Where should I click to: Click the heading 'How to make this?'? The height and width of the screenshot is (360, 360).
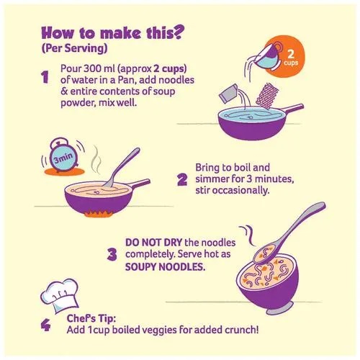[x=111, y=32]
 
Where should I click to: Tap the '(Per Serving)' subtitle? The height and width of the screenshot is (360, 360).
[x=74, y=49]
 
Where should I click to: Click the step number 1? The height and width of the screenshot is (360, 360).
[x=45, y=77]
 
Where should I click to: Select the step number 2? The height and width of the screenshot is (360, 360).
[x=182, y=180]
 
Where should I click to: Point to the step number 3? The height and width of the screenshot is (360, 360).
[x=112, y=254]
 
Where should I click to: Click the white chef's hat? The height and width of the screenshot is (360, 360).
[x=59, y=295]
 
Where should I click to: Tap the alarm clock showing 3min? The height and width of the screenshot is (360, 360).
[x=63, y=155]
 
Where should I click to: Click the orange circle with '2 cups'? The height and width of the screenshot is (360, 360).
[x=289, y=58]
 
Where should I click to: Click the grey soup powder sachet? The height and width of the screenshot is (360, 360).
[x=228, y=94]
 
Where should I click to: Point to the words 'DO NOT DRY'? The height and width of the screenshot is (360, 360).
[x=153, y=243]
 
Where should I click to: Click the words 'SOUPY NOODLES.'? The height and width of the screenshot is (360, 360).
[x=165, y=266]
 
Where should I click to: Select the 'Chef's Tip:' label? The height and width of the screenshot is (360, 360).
[x=91, y=318]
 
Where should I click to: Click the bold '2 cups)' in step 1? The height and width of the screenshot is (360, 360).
[x=170, y=68]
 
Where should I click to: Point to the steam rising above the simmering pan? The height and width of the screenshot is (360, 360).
[x=96, y=159]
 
